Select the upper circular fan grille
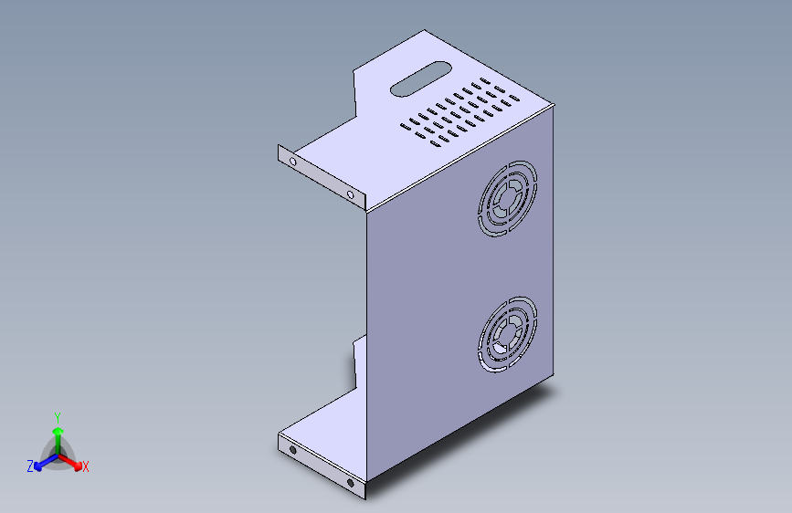[x=507, y=198]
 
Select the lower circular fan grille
[x=507, y=334]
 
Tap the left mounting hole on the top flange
[x=292, y=162]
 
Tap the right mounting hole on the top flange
[x=350, y=194]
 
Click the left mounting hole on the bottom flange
[x=292, y=450]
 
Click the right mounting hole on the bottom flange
[x=350, y=482]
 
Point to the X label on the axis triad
[x=85, y=467]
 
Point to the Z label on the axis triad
[x=30, y=466]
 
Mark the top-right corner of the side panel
[x=554, y=107]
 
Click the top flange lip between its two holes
[x=321, y=178]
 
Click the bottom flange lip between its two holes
[x=321, y=466]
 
